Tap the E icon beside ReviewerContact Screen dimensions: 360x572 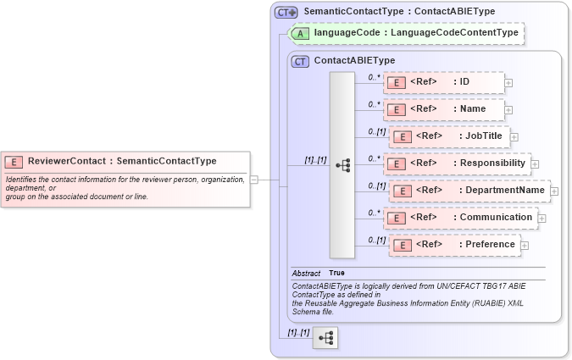(14, 162)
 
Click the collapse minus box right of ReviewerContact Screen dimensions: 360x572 (254, 180)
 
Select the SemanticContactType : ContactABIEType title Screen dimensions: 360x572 (399, 11)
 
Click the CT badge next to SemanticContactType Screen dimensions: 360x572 (286, 12)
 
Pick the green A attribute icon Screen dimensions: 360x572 (301, 33)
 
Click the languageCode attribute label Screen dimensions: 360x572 (415, 33)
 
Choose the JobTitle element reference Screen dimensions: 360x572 (448, 136)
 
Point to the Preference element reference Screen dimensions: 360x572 (453, 245)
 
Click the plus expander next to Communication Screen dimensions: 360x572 (542, 219)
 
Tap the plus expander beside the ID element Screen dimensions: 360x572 (508, 83)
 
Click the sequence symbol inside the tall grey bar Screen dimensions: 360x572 (342, 165)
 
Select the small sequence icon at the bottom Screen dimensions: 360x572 (325, 339)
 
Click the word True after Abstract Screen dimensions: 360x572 (336, 273)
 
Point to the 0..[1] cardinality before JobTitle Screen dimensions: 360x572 (377, 131)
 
